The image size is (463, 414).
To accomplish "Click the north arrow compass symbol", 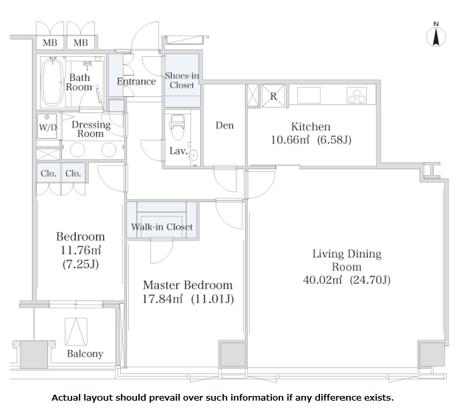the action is click(436, 37).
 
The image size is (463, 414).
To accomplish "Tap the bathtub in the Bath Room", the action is click(53, 82).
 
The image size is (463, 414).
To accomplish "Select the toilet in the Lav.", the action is click(178, 127).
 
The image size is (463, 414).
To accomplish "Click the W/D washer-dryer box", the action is click(47, 126).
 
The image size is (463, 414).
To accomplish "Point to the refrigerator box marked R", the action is click(273, 96).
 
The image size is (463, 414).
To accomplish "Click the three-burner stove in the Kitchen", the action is click(357, 95).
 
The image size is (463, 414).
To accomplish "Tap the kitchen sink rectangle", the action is click(309, 95).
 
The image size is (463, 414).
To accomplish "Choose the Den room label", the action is click(224, 125).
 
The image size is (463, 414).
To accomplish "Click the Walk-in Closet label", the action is click(162, 227).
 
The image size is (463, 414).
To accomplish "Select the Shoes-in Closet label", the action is click(182, 80).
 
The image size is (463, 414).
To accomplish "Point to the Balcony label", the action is click(85, 354).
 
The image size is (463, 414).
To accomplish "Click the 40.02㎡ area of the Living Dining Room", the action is click(323, 280).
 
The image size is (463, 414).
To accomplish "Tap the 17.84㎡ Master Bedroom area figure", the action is click(162, 299).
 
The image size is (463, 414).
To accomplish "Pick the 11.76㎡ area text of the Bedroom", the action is click(81, 250).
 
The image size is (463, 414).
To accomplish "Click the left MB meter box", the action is click(50, 43).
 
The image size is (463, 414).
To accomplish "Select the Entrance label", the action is click(136, 82).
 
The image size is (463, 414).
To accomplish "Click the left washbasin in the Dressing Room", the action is click(78, 150).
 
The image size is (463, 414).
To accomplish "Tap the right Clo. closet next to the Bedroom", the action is click(73, 173).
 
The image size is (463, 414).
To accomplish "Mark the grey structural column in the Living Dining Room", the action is click(432, 354).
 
